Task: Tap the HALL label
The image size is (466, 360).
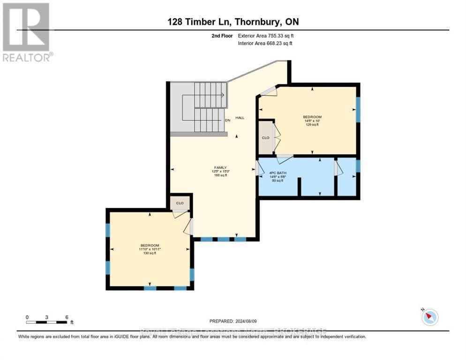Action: (x=240, y=118)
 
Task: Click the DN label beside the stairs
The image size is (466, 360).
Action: (x=227, y=120)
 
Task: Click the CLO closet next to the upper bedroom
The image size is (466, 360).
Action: (x=265, y=138)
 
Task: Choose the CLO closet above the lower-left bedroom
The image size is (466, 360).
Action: (x=180, y=203)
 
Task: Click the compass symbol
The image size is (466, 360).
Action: (x=429, y=317)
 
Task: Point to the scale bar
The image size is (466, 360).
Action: (x=47, y=322)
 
